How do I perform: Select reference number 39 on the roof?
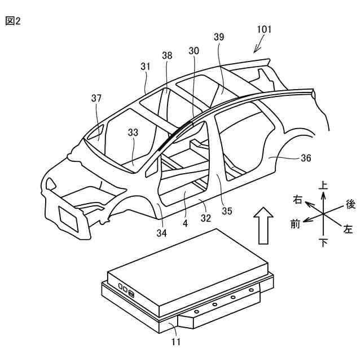tap(219, 37)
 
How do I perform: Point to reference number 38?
tap(168, 56)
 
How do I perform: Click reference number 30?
tap(194, 51)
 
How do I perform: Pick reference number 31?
tap(146, 67)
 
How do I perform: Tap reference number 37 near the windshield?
tap(96, 99)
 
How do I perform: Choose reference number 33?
tap(133, 133)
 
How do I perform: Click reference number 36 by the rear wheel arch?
tap(306, 159)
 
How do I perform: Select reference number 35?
tap(227, 212)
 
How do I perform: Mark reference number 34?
tap(161, 232)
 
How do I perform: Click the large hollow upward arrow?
tap(263, 224)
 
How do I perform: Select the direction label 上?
tap(323, 184)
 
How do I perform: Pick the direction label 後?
tap(350, 204)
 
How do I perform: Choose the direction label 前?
tap(295, 224)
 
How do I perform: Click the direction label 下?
tap(323, 243)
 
